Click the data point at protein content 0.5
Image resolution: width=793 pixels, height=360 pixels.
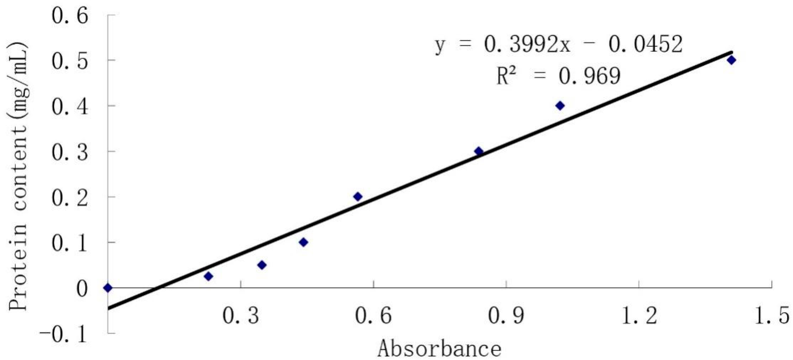pos(731,60)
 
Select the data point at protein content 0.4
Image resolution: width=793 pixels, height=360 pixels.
pos(560,106)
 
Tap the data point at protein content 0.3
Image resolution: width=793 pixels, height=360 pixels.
pos(479,151)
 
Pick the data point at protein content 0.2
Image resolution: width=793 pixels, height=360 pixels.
pos(358,196)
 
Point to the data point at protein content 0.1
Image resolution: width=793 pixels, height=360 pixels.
pos(303,242)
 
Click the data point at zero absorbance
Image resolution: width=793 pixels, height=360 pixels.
pos(108,288)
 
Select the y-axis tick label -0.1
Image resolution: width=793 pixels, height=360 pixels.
pos(63,334)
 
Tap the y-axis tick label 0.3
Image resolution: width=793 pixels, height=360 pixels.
pos(70,152)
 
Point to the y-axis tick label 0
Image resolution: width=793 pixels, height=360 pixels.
pos(82,289)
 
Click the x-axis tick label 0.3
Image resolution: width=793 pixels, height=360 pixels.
pos(241,316)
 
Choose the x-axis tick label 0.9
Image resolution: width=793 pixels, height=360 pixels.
pos(506,316)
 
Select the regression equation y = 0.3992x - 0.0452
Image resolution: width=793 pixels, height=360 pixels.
pos(559,45)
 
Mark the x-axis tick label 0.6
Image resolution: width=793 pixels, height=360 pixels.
pos(374,316)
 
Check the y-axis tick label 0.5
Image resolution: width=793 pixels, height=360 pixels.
pos(70,61)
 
